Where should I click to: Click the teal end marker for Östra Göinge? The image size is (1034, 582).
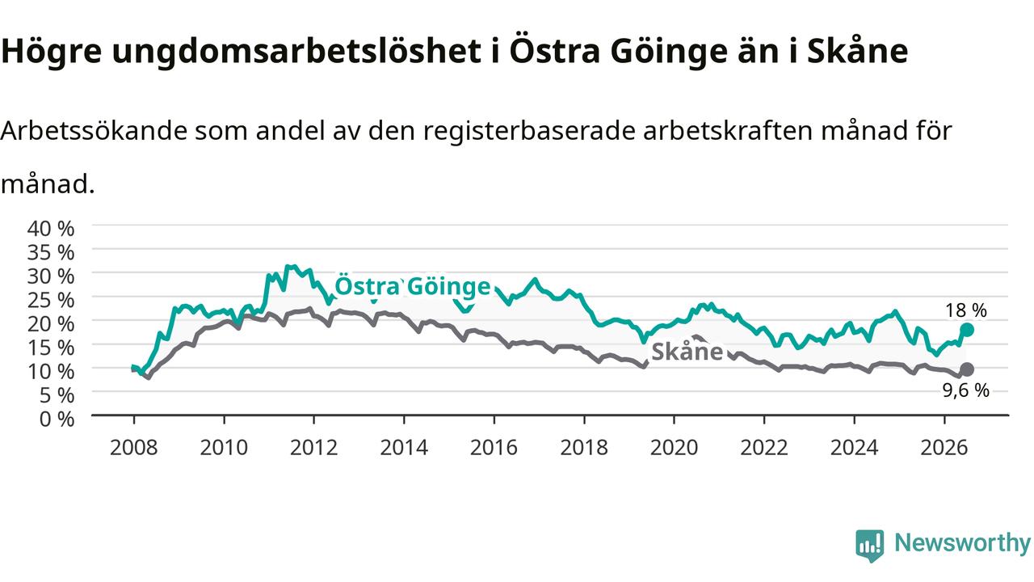click(967, 330)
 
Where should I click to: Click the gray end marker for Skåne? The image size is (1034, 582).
click(967, 369)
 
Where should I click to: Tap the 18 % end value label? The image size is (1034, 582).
click(965, 310)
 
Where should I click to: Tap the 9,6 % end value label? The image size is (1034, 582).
click(965, 390)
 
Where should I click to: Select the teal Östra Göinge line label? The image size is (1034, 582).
click(412, 286)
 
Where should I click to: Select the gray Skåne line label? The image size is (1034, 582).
click(687, 352)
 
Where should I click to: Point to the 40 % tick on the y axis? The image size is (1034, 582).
click(51, 228)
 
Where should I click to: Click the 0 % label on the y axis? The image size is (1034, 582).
click(57, 419)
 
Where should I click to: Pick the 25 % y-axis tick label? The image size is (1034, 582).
click(51, 300)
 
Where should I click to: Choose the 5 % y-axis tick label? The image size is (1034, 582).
click(57, 395)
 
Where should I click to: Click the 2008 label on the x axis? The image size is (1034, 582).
click(134, 448)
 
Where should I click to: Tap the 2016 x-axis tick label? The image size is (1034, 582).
click(494, 448)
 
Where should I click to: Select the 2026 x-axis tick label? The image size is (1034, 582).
click(944, 448)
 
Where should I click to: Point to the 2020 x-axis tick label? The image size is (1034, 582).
click(674, 448)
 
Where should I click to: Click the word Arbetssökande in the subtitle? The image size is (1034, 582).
click(95, 131)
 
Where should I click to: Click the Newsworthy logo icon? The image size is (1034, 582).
click(870, 546)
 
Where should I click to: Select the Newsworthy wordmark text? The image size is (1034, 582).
click(962, 543)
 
